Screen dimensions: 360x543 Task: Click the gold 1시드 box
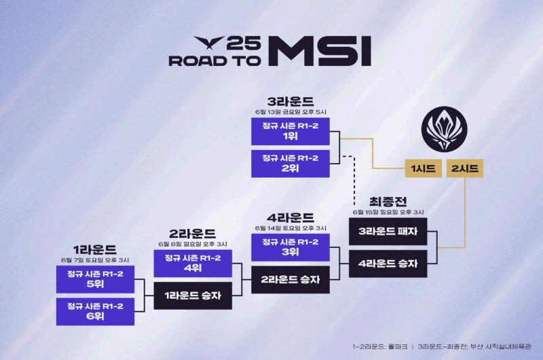click(x=424, y=168)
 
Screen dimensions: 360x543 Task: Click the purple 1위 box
click(x=290, y=131)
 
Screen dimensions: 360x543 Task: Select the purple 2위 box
click(x=290, y=163)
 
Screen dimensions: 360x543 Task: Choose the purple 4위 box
click(x=193, y=263)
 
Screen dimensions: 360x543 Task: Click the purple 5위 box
click(x=95, y=278)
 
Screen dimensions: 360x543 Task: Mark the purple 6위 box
click(x=95, y=310)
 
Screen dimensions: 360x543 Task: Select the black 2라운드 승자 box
click(x=290, y=279)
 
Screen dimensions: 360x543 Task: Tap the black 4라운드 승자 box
click(x=388, y=264)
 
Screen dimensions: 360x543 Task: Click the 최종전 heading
click(x=388, y=201)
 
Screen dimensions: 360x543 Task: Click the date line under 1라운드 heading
click(x=95, y=260)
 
